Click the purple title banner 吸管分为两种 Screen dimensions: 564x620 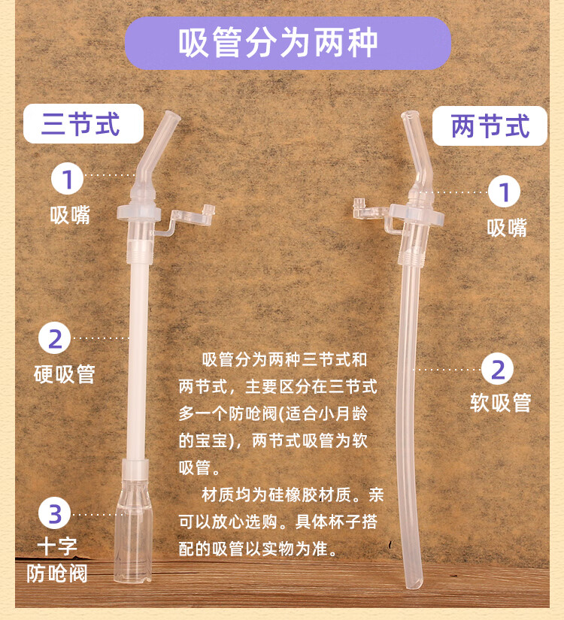pyautogui.click(x=288, y=43)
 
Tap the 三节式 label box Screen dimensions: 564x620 pyautogui.click(x=83, y=123)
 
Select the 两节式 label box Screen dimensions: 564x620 pyautogui.click(x=490, y=126)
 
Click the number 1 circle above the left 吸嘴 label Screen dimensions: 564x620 pyautogui.click(x=67, y=178)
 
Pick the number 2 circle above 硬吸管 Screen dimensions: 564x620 pyautogui.click(x=55, y=338)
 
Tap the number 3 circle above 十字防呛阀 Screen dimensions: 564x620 pyautogui.click(x=55, y=513)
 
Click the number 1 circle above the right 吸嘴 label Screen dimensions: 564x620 pyautogui.click(x=504, y=192)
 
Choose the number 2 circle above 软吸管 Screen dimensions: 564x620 pyautogui.click(x=498, y=369)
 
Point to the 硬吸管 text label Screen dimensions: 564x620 pyautogui.click(x=65, y=374)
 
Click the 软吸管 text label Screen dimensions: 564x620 pyautogui.click(x=501, y=403)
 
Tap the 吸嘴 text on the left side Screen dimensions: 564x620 pyautogui.click(x=70, y=215)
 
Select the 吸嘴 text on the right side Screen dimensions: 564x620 pyautogui.click(x=507, y=228)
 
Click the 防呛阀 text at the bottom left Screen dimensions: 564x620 pyautogui.click(x=57, y=573)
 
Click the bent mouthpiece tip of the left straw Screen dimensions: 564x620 pyautogui.click(x=172, y=116)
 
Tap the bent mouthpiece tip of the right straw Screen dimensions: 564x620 pyautogui.click(x=410, y=116)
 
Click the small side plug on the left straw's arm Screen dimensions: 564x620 pyautogui.click(x=208, y=209)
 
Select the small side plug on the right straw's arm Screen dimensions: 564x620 pyautogui.click(x=359, y=204)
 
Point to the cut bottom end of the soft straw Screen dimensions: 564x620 pyautogui.click(x=413, y=584)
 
